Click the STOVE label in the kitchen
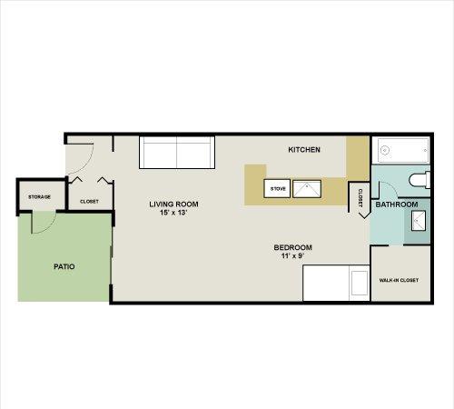pyautogui.click(x=278, y=189)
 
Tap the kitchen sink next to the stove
pyautogui.click(x=307, y=189)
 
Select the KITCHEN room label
pyautogui.click(x=304, y=150)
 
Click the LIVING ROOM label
pyautogui.click(x=173, y=204)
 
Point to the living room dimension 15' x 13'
pyautogui.click(x=173, y=213)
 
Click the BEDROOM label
pyautogui.click(x=292, y=247)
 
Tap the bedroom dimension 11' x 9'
pyautogui.click(x=292, y=256)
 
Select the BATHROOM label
pyautogui.click(x=397, y=204)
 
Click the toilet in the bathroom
pyautogui.click(x=419, y=180)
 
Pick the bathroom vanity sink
pyautogui.click(x=419, y=221)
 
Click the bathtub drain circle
pyautogui.click(x=385, y=150)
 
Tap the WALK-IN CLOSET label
pyautogui.click(x=399, y=280)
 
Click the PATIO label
pyautogui.click(x=64, y=266)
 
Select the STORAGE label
pyautogui.click(x=39, y=197)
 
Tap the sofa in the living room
pyautogui.click(x=177, y=153)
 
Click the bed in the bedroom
pyautogui.click(x=336, y=283)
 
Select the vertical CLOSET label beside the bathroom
pyautogui.click(x=360, y=198)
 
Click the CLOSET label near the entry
pyautogui.click(x=89, y=202)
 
